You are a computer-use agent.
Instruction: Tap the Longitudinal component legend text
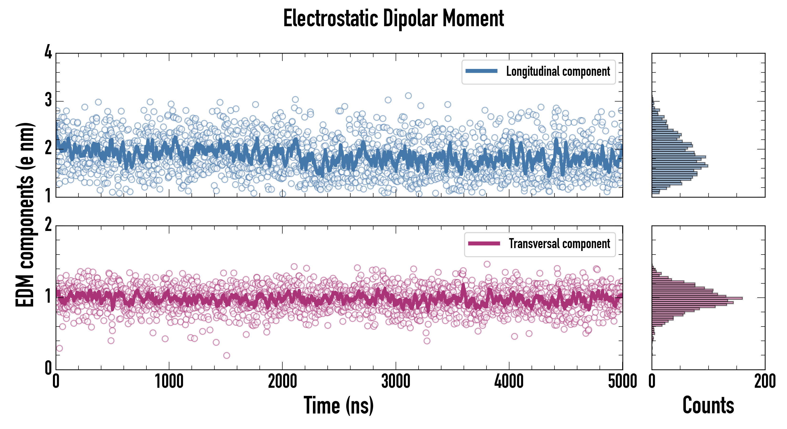[558, 71]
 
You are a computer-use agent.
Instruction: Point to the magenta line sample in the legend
[484, 243]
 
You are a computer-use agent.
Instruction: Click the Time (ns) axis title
[338, 405]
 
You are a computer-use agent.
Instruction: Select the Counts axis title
[708, 405]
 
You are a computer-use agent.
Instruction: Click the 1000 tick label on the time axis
[169, 382]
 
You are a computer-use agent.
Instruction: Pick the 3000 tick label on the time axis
[396, 382]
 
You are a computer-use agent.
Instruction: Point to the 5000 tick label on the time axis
[622, 382]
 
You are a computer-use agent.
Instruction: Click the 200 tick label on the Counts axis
[765, 382]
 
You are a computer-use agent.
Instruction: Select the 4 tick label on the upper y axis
[48, 52]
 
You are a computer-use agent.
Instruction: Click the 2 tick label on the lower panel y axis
[48, 225]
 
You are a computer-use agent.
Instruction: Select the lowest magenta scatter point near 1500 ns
[226, 355]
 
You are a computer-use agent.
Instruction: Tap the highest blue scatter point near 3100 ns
[408, 96]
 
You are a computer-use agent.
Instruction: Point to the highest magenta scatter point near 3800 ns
[487, 264]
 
